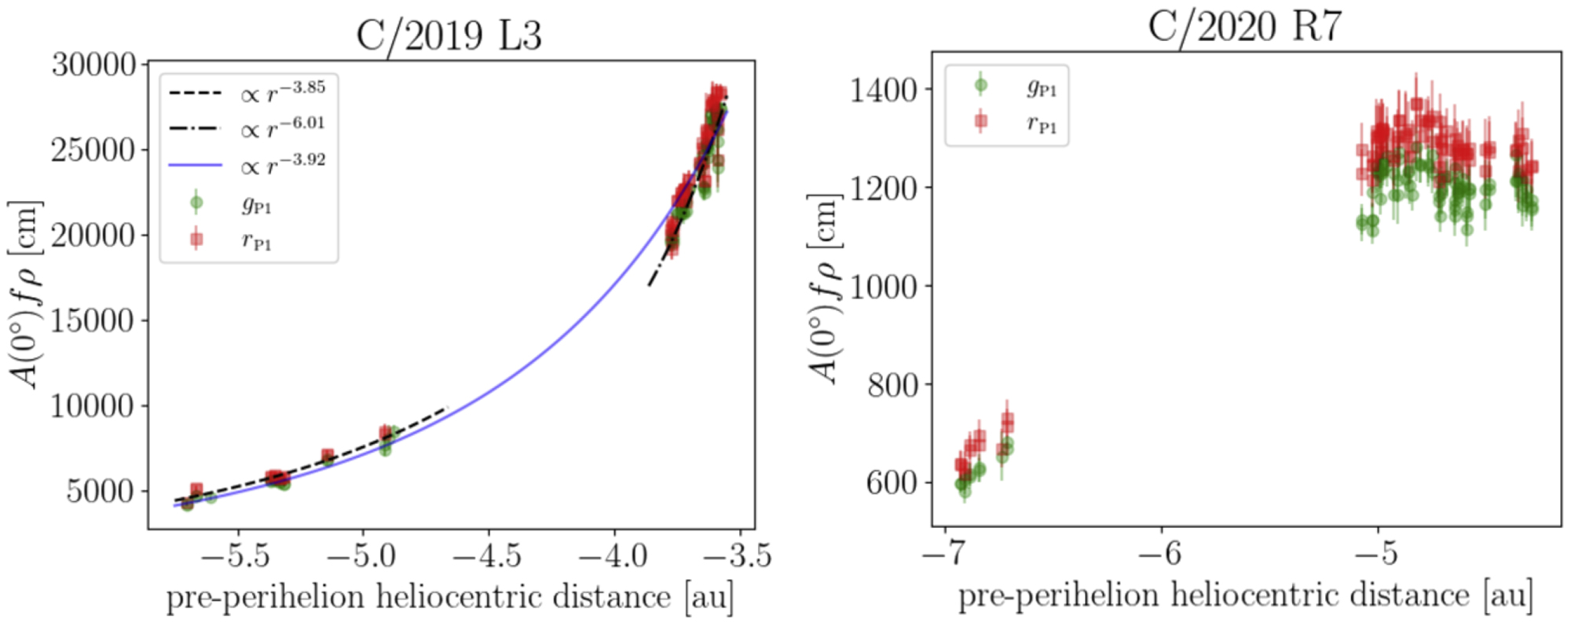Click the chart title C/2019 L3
pyautogui.click(x=449, y=35)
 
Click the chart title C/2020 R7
pyautogui.click(x=1245, y=27)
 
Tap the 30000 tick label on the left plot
pyautogui.click(x=94, y=64)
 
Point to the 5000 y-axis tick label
pyautogui.click(x=101, y=491)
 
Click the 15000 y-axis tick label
pyautogui.click(x=94, y=321)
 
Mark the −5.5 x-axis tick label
pyautogui.click(x=235, y=556)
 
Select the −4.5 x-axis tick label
pyautogui.click(x=487, y=556)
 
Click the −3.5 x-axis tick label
pyautogui.click(x=737, y=556)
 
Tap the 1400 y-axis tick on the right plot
pyautogui.click(x=884, y=90)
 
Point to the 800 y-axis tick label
pyautogui.click(x=892, y=385)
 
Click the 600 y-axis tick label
pyautogui.click(x=892, y=482)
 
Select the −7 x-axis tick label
pyautogui.click(x=943, y=554)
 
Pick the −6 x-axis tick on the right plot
pyautogui.click(x=1160, y=554)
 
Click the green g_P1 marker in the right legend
pyautogui.click(x=980, y=86)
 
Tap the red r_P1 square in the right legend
pyautogui.click(x=980, y=122)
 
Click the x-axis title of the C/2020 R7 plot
pyautogui.click(x=1245, y=596)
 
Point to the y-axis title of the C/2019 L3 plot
pyautogui.click(x=27, y=295)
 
